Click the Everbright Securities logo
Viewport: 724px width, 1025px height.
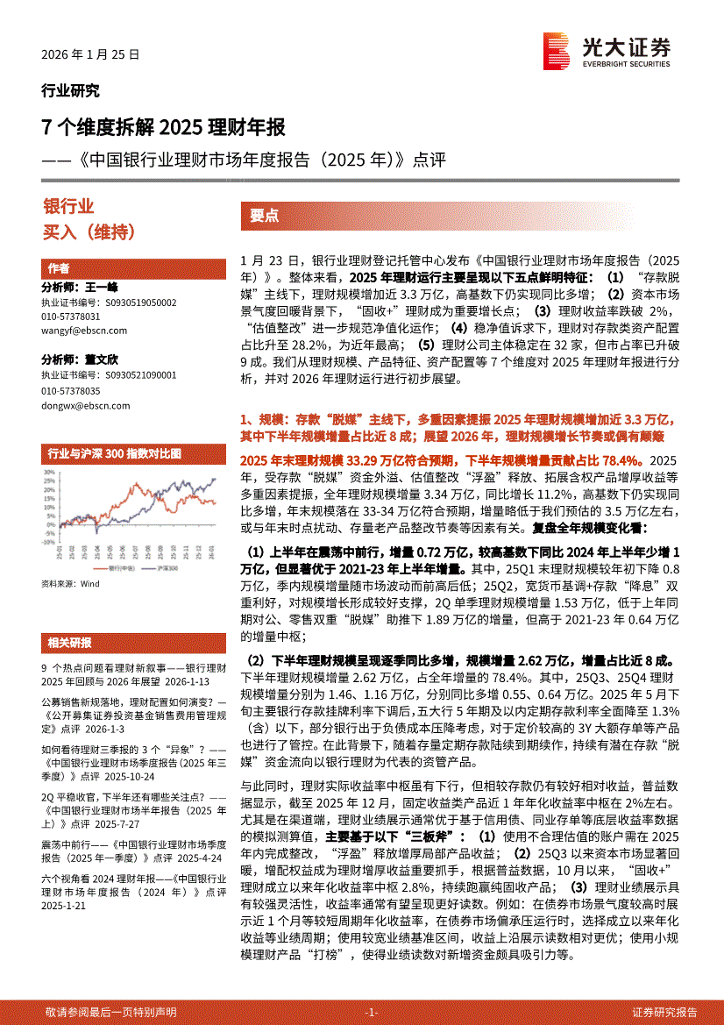point(606,50)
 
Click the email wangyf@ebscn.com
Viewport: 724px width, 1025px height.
point(84,331)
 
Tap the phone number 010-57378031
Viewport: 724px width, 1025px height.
point(71,316)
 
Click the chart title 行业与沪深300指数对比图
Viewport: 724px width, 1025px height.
point(114,453)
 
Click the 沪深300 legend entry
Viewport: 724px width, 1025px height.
point(160,569)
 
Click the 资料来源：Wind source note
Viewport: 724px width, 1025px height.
point(71,584)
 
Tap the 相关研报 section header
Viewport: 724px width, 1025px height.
point(69,642)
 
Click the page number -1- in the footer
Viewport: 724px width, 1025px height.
point(371,1012)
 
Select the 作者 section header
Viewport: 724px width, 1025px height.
point(59,268)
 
